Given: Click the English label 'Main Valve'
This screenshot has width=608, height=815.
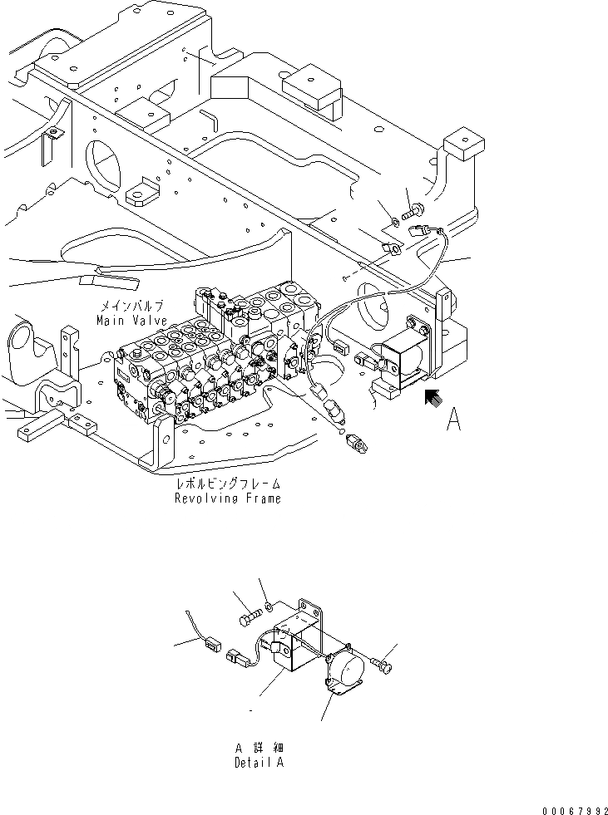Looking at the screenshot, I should (131, 320).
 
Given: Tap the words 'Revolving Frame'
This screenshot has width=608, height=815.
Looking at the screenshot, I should (227, 498).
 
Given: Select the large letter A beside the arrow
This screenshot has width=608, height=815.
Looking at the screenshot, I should (453, 420).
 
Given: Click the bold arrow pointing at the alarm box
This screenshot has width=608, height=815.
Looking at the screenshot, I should (432, 400).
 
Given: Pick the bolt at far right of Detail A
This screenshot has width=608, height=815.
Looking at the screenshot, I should (383, 665).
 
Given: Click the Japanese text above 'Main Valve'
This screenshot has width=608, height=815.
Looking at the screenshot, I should (131, 307).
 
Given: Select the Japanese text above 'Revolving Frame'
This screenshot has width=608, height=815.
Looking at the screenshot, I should (227, 484).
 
